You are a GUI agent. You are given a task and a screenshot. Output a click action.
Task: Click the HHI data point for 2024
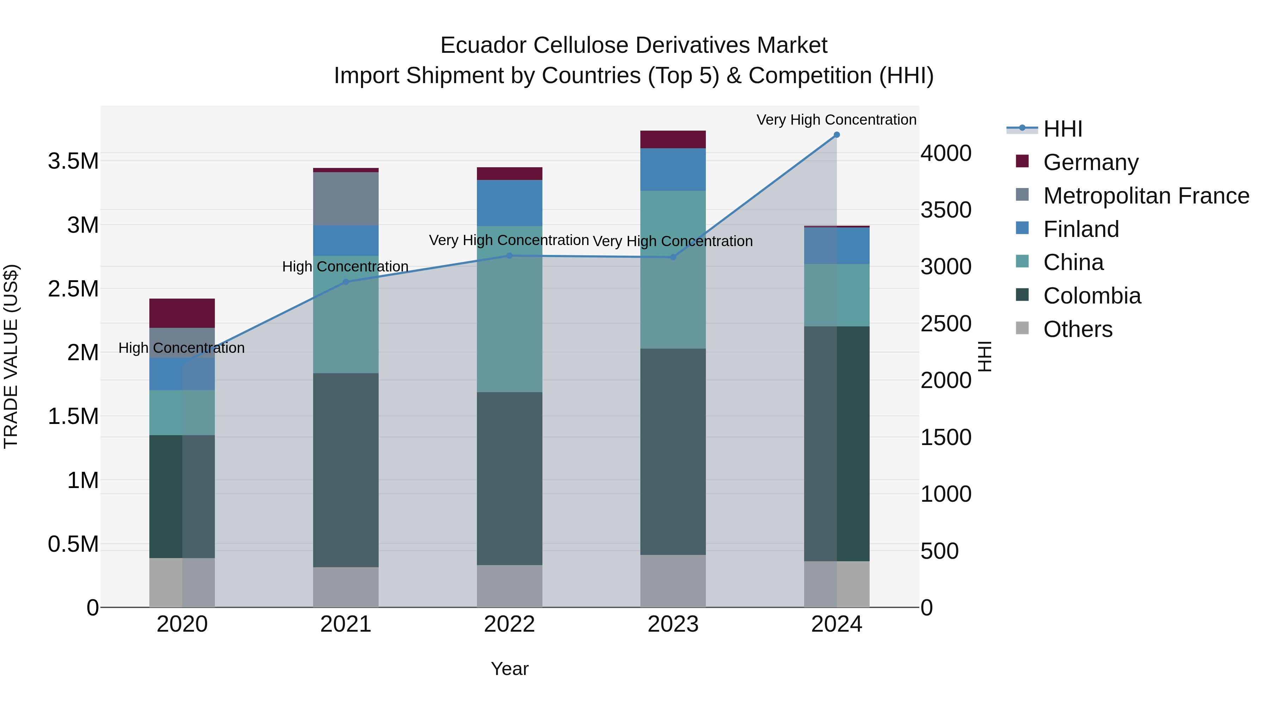click(x=836, y=135)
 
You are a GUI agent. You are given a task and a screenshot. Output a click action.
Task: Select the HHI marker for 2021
click(x=346, y=282)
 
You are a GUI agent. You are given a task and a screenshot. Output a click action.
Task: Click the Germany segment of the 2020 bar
click(x=182, y=313)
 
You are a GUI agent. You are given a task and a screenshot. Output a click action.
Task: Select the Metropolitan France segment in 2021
click(x=346, y=199)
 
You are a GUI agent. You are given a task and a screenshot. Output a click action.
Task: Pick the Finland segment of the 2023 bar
click(x=673, y=169)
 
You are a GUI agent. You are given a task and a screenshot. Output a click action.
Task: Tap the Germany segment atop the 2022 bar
click(x=509, y=174)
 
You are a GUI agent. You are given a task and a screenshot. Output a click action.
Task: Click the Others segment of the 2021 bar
click(x=346, y=587)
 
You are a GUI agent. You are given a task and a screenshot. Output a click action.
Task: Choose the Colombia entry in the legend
click(x=1092, y=296)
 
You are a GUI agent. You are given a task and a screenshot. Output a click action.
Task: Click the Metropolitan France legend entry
click(x=1146, y=196)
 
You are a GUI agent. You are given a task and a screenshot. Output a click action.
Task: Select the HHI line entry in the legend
click(x=1062, y=129)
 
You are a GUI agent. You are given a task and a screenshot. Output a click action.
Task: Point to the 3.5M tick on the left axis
click(x=73, y=161)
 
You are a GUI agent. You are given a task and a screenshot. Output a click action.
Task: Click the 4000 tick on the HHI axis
click(x=946, y=154)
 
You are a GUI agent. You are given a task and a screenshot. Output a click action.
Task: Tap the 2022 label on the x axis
click(x=509, y=624)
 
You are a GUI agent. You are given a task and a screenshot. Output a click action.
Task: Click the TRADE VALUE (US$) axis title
click(x=11, y=356)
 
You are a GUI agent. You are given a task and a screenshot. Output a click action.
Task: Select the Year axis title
click(x=509, y=669)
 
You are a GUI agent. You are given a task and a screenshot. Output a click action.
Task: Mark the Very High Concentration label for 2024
click(x=836, y=120)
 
